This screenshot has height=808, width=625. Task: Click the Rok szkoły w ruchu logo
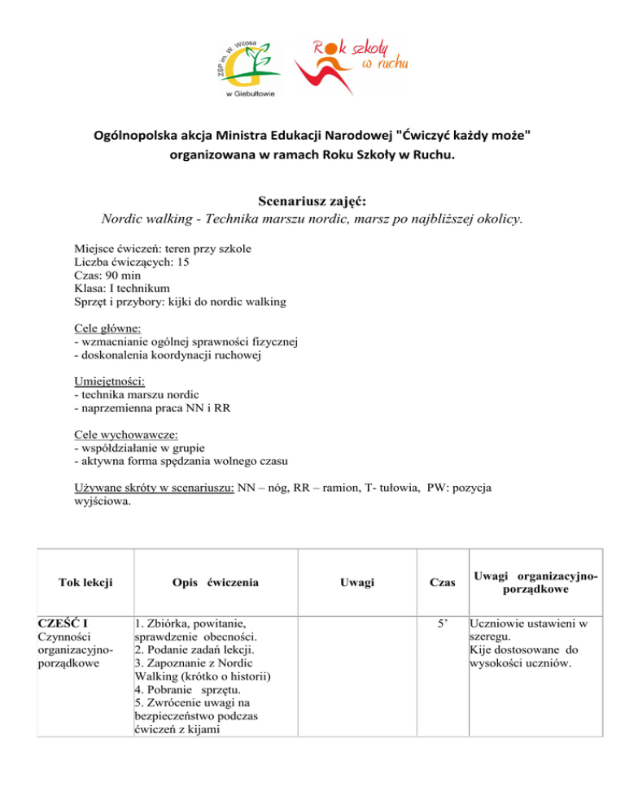(350, 63)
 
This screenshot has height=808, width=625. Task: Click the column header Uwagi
(358, 582)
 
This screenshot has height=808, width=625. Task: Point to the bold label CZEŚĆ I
(63, 624)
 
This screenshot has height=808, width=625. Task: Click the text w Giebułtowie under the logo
(249, 94)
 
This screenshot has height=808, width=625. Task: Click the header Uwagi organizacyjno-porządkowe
(533, 582)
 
